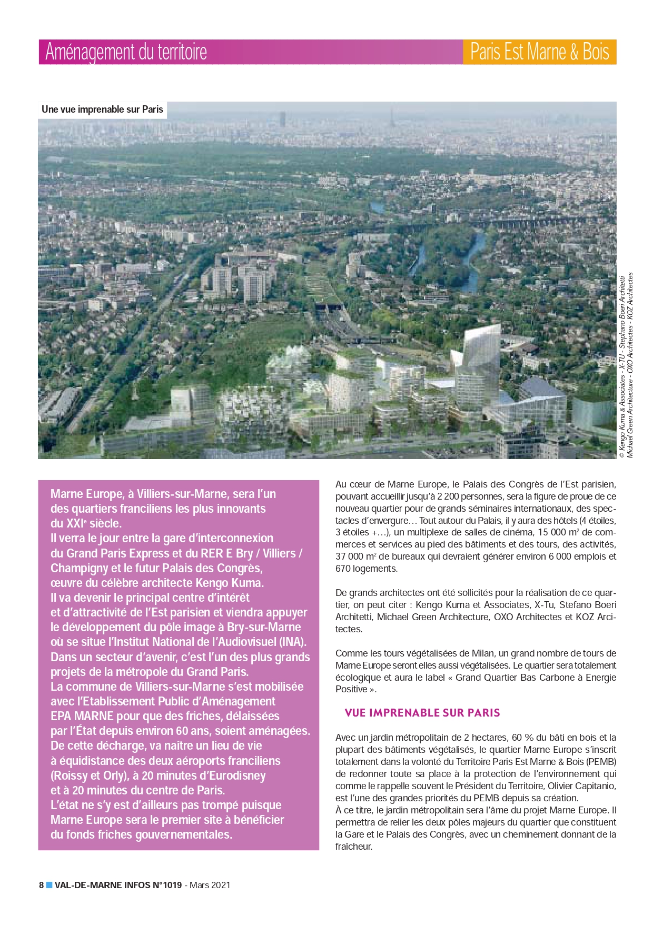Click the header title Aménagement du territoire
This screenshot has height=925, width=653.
(126, 52)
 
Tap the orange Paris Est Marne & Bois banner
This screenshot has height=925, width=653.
(539, 52)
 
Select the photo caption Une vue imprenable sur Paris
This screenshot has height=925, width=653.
(102, 110)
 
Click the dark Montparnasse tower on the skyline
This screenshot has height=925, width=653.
(282, 118)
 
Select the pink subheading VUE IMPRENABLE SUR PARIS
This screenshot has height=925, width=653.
(422, 713)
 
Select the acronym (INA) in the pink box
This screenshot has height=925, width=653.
(292, 642)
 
